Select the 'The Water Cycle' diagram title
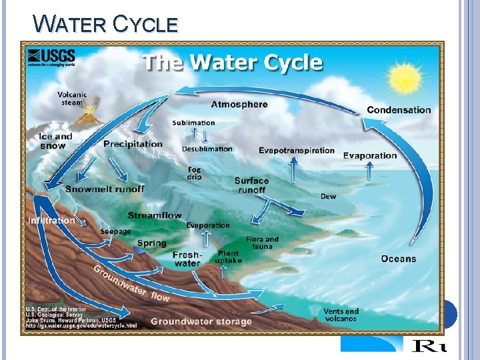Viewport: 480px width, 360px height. (x=233, y=63)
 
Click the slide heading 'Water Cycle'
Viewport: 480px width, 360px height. (x=106, y=24)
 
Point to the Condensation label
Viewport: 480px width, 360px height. (x=399, y=110)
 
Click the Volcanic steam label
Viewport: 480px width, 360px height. (x=72, y=99)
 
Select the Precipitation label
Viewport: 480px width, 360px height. (x=133, y=144)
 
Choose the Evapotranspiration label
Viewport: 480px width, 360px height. (x=297, y=150)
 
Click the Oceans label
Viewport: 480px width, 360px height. (x=399, y=259)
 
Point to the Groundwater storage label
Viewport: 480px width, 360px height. (x=201, y=321)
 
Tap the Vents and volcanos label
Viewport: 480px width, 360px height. (x=341, y=315)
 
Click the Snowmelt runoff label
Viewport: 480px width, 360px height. (x=105, y=189)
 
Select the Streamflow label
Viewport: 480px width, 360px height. (x=155, y=215)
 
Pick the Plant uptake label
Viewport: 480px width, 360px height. (x=228, y=257)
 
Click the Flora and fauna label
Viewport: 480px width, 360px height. (x=262, y=243)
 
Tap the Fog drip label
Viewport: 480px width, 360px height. (x=193, y=173)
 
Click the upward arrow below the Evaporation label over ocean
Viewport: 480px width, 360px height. (x=369, y=172)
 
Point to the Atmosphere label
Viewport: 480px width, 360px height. (x=239, y=104)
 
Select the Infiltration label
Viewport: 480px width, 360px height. (x=51, y=220)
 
